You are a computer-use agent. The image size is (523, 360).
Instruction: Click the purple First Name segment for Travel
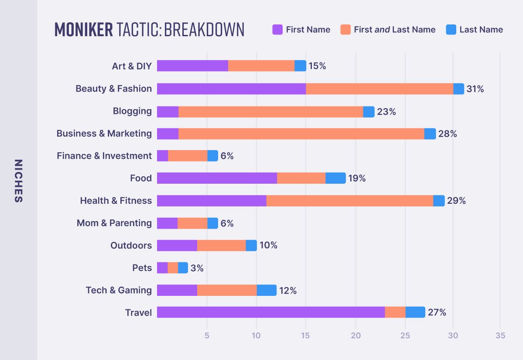[271, 312]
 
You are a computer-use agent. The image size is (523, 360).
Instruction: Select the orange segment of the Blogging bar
[271, 112]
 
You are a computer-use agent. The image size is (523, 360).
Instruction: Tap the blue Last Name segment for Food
[335, 178]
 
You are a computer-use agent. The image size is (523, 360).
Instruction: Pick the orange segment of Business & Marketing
[301, 134]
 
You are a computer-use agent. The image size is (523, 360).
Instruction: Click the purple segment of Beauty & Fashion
[231, 89]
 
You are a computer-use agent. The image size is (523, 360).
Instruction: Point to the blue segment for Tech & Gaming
[267, 290]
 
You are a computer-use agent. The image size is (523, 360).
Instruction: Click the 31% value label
[475, 89]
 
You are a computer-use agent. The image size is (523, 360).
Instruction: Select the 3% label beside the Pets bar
[197, 268]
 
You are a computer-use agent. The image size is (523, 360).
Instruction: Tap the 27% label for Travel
[437, 312]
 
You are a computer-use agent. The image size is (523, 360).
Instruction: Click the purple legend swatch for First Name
[277, 30]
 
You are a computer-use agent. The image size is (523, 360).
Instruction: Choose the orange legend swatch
[345, 30]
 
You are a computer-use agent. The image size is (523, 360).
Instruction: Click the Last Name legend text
[481, 30]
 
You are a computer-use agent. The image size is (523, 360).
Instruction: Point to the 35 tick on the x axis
[500, 336]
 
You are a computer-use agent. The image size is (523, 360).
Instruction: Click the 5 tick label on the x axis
[207, 336]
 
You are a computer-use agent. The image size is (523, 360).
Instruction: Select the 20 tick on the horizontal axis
[356, 336]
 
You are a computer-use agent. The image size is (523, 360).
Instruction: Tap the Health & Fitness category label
[116, 201]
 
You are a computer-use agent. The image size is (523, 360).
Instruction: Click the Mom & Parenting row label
[114, 223]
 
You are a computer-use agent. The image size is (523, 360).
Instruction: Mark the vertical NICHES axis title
[18, 181]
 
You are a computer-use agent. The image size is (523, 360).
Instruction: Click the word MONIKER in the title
[83, 30]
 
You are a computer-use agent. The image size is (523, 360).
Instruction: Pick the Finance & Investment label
[104, 156]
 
